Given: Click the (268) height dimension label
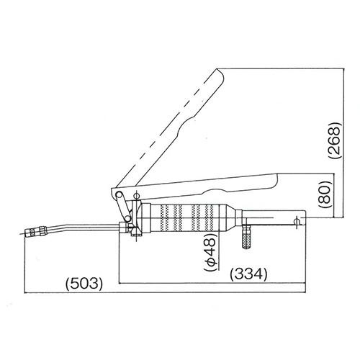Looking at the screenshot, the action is pyautogui.click(x=335, y=140).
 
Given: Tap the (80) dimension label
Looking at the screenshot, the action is pyautogui.click(x=325, y=194).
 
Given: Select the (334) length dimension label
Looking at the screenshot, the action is pyautogui.click(x=248, y=274).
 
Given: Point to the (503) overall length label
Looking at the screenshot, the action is pyautogui.click(x=84, y=284).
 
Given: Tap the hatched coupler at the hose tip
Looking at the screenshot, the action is pyautogui.click(x=35, y=232).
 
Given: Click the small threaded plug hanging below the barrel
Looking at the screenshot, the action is pyautogui.click(x=246, y=237).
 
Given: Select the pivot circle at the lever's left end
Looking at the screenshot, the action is pyautogui.click(x=118, y=194).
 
